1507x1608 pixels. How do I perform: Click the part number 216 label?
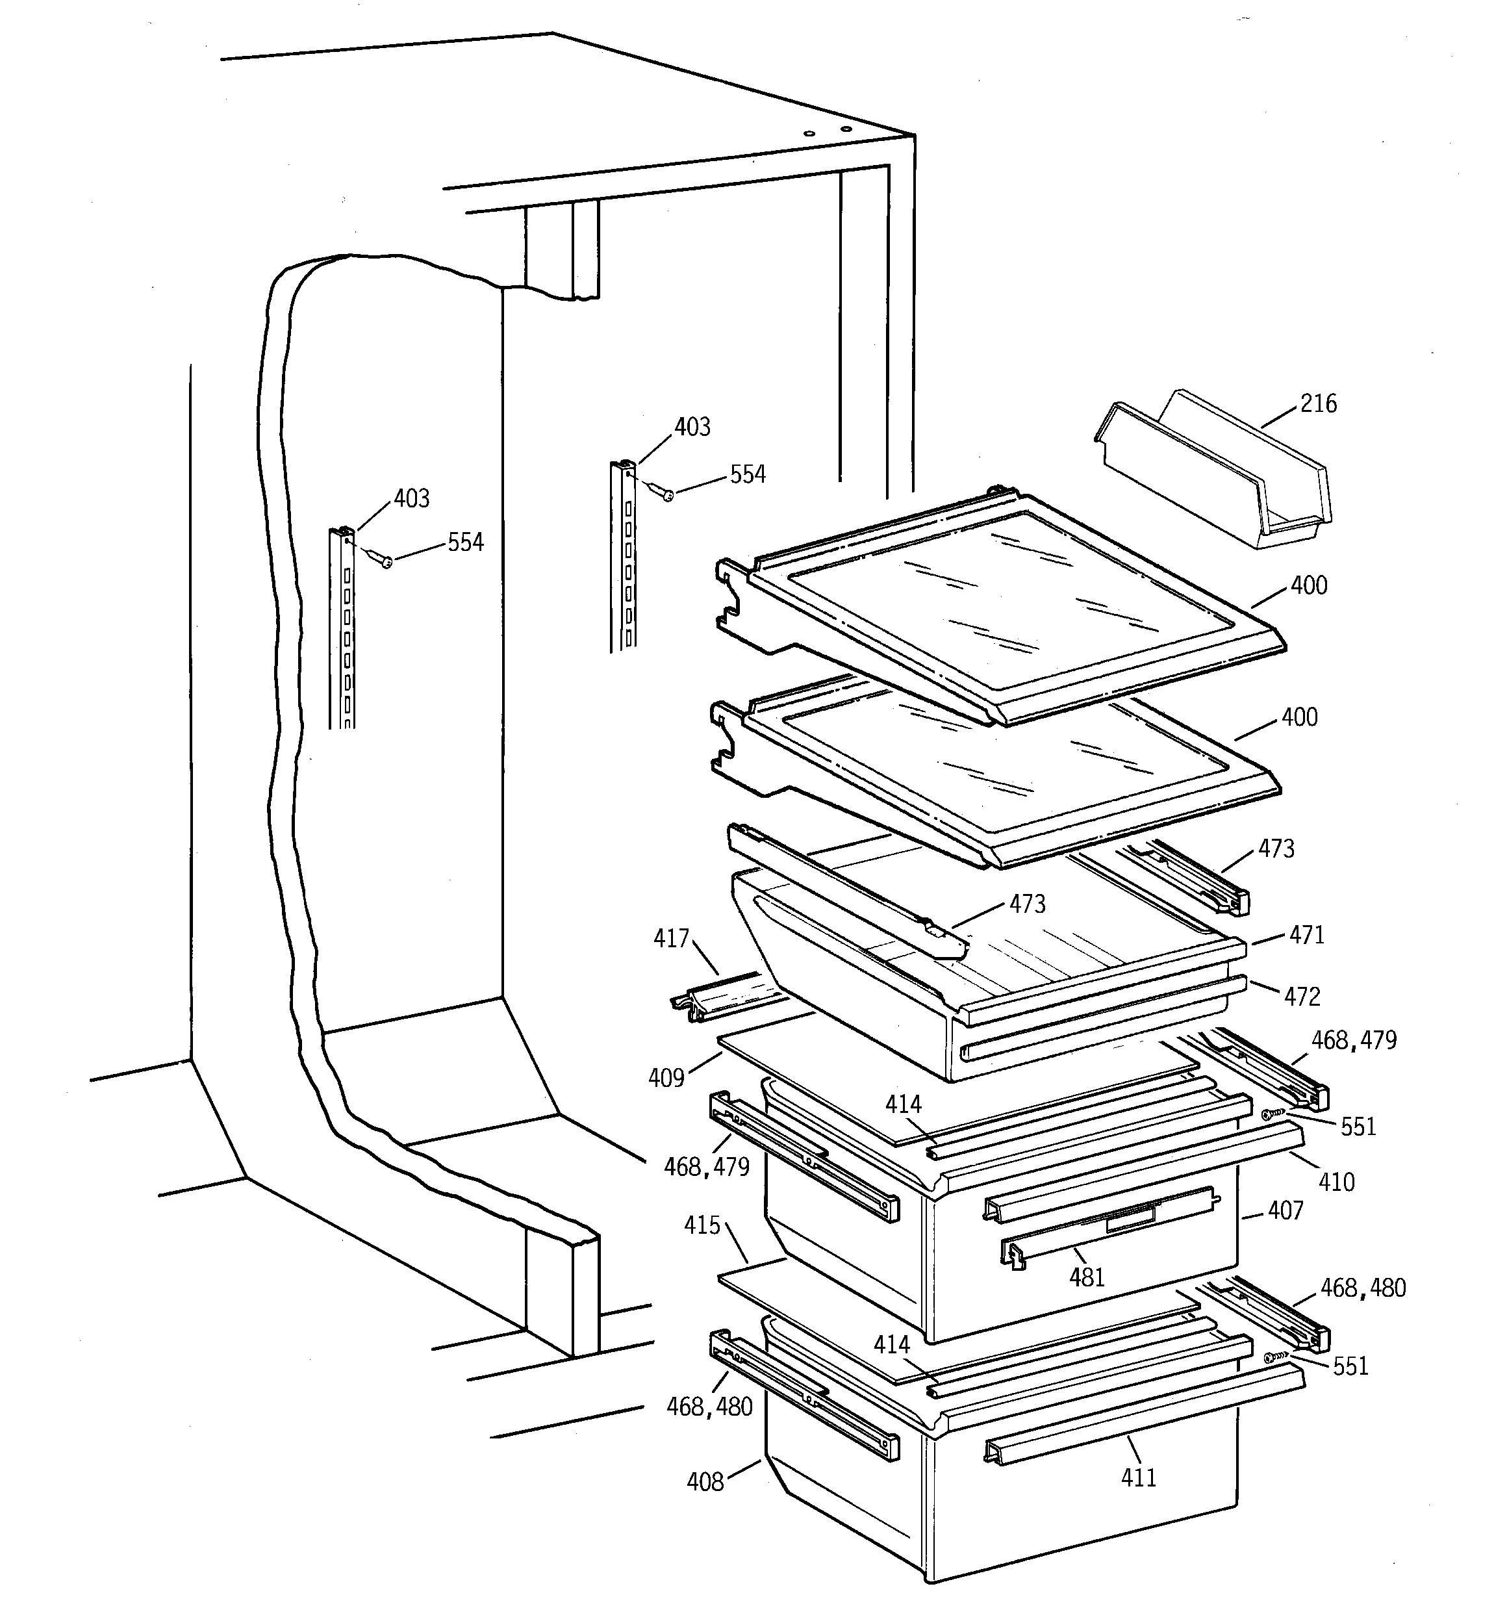[1318, 403]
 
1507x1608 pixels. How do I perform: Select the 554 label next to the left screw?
[465, 542]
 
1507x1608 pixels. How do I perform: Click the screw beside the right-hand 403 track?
[666, 495]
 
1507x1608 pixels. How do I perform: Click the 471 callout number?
[1306, 936]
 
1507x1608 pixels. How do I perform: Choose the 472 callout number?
[1302, 997]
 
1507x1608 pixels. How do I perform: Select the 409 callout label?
[666, 1078]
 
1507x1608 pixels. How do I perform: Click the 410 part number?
[1336, 1183]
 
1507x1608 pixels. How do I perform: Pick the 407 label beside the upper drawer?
[1285, 1212]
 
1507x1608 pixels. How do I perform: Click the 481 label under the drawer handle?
[1086, 1278]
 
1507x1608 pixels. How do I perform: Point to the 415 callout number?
[702, 1226]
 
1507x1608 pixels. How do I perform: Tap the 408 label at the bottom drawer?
[705, 1483]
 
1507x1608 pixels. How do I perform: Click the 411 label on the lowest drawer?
[1138, 1478]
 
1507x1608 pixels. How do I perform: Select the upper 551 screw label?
[1358, 1127]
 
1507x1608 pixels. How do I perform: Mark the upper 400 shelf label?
[1309, 585]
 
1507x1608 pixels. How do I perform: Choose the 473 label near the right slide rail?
[1276, 849]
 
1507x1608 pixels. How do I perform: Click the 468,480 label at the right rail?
[1363, 1288]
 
